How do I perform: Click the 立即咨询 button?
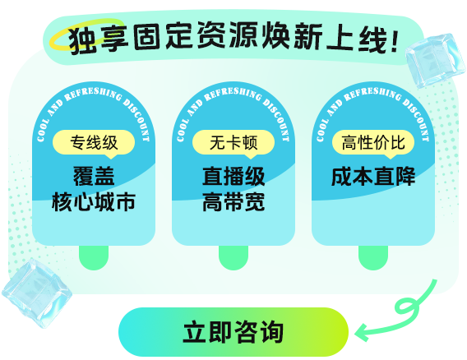click(x=233, y=332)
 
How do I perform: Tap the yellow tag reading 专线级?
click(x=94, y=143)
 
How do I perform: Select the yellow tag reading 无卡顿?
click(x=233, y=143)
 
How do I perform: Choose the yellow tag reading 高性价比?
click(x=373, y=143)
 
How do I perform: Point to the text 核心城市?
click(x=94, y=202)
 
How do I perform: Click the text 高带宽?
click(x=233, y=202)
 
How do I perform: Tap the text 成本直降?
click(x=373, y=177)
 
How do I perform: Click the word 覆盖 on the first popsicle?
click(x=94, y=177)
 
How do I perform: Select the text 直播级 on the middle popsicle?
click(x=233, y=177)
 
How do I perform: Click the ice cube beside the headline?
click(x=435, y=61)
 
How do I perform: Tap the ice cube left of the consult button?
click(x=37, y=293)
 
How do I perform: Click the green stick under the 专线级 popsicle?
click(x=94, y=257)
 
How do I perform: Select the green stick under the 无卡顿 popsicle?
click(x=233, y=257)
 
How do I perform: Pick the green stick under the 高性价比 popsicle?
click(x=373, y=257)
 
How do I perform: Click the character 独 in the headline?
click(x=83, y=40)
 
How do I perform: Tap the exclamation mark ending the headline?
click(x=395, y=41)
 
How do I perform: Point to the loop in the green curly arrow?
click(x=405, y=306)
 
